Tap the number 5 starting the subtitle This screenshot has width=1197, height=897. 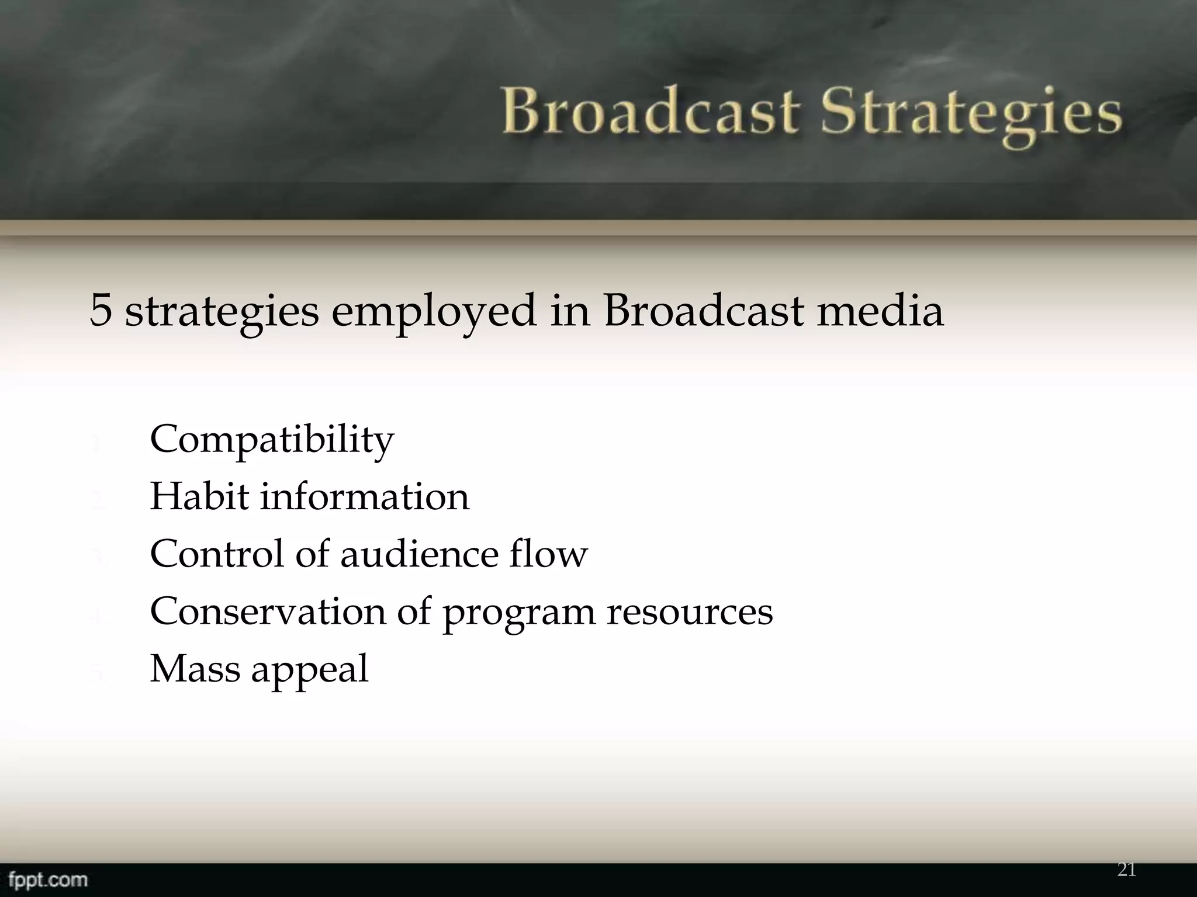[x=101, y=310]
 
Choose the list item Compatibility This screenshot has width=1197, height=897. [x=272, y=440]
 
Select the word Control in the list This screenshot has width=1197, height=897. [x=217, y=554]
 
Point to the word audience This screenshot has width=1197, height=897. [x=418, y=554]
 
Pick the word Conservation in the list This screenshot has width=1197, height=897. [x=268, y=611]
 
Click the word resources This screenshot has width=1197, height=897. [x=690, y=613]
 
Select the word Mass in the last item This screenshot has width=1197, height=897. [x=195, y=669]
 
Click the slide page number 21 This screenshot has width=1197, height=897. [x=1126, y=870]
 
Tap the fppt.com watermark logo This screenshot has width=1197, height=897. [x=44, y=879]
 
